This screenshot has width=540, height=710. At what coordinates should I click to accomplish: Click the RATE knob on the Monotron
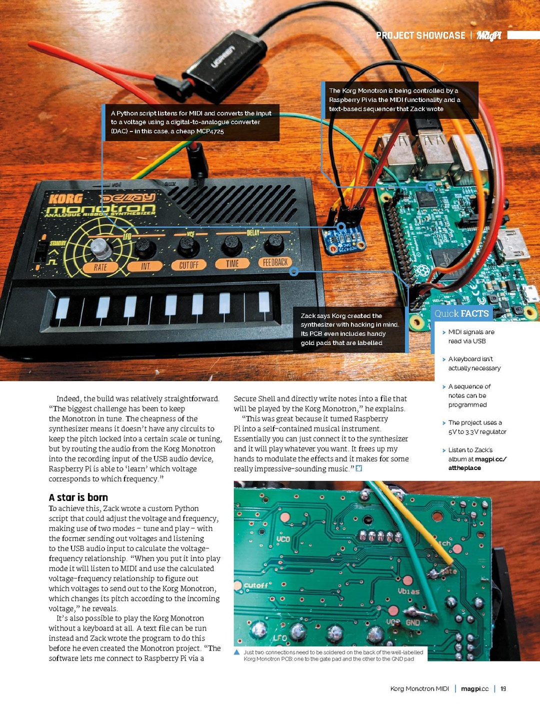[100, 247]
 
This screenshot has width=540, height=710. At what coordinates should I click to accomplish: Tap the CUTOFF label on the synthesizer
[188, 265]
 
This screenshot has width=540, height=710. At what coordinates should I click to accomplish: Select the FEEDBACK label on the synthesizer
[275, 262]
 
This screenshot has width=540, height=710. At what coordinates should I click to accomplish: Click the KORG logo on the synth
[65, 199]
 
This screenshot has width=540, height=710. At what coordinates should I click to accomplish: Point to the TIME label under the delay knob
[232, 263]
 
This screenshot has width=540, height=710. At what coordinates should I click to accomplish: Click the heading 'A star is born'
[78, 497]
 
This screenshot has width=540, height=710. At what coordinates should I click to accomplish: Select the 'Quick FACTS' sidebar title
[461, 313]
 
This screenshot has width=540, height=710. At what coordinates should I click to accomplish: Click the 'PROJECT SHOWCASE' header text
[420, 35]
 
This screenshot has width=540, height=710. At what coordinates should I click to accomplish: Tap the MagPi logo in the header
[488, 35]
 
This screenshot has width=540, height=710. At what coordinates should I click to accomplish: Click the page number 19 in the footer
[503, 688]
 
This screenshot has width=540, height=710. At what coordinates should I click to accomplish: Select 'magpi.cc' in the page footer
[474, 688]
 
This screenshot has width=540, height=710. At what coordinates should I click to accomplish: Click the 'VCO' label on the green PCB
[283, 539]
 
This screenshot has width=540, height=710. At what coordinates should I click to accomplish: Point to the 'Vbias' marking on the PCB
[408, 591]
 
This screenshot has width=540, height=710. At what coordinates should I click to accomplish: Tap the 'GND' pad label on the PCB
[412, 622]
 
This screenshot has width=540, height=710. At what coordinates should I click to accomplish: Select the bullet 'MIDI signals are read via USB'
[471, 336]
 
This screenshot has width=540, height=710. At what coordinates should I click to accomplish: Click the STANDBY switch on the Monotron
[40, 253]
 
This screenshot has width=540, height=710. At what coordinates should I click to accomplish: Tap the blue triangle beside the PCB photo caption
[237, 652]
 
